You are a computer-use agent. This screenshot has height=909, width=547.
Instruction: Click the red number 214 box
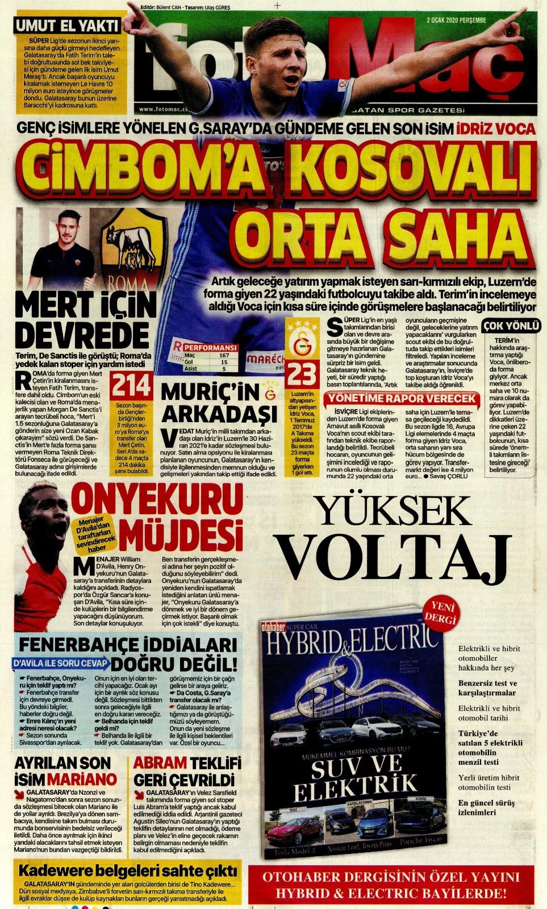(x=131, y=386)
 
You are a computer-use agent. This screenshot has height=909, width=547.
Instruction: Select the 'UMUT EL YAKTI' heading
(x=67, y=26)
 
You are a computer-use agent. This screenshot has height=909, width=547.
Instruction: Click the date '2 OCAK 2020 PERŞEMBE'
(x=456, y=20)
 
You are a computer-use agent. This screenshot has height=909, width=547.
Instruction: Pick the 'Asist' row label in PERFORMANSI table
(x=191, y=369)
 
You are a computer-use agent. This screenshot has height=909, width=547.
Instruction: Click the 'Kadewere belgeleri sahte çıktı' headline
(x=127, y=870)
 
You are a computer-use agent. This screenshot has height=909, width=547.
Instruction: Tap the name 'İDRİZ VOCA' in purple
(x=495, y=129)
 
